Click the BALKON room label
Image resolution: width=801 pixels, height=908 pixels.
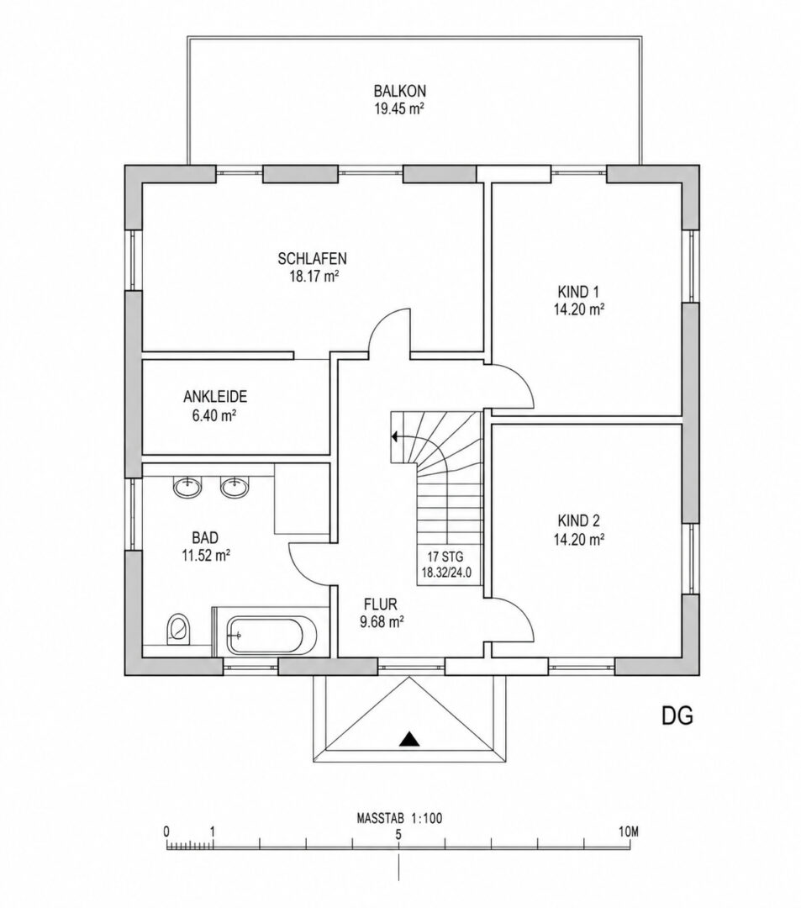(x=400, y=91)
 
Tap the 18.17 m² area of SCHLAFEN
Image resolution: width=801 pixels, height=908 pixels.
(x=314, y=277)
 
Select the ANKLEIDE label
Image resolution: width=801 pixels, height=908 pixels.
(x=215, y=397)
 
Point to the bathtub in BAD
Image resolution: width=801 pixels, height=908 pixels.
(x=271, y=636)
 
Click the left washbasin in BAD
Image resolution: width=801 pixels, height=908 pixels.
(x=187, y=487)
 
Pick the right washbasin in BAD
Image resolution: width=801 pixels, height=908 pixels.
(x=235, y=487)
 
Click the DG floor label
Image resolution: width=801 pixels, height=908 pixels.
(x=677, y=716)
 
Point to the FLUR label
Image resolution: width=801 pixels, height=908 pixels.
(x=380, y=604)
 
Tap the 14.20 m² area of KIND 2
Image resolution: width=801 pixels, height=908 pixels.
(x=579, y=540)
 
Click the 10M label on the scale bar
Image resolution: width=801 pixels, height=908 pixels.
(x=627, y=832)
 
